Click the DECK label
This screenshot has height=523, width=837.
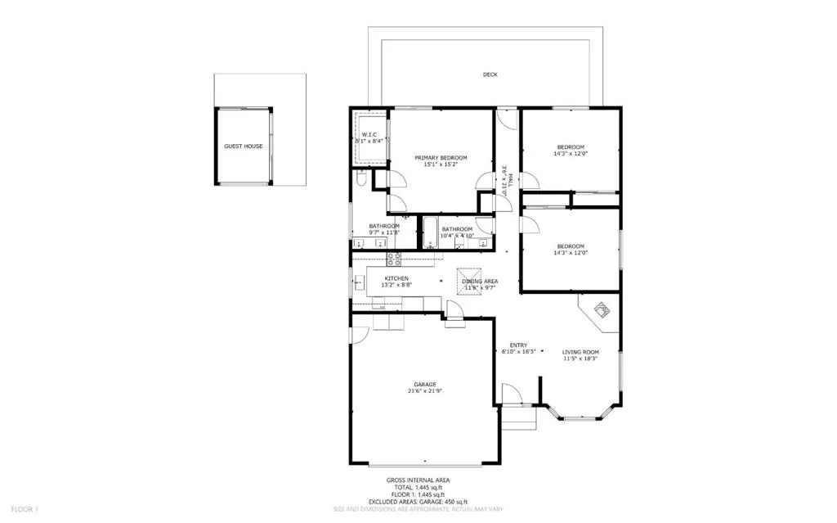pyautogui.click(x=490, y=74)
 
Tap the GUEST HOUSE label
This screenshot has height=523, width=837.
pyautogui.click(x=244, y=147)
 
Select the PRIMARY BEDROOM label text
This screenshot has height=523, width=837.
pyautogui.click(x=441, y=158)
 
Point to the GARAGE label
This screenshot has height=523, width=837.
pyautogui.click(x=424, y=384)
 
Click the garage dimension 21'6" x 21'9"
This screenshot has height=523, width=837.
pyautogui.click(x=424, y=391)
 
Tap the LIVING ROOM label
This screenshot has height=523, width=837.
pyautogui.click(x=581, y=352)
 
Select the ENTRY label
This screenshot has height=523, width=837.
pyautogui.click(x=518, y=345)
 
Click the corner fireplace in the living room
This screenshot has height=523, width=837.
pyautogui.click(x=600, y=312)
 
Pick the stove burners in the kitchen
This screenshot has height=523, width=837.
pyautogui.click(x=394, y=259)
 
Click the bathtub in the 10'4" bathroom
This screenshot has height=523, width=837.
pyautogui.click(x=428, y=232)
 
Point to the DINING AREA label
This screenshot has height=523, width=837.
pyautogui.click(x=480, y=282)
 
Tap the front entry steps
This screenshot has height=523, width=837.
pyautogui.click(x=517, y=419)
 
